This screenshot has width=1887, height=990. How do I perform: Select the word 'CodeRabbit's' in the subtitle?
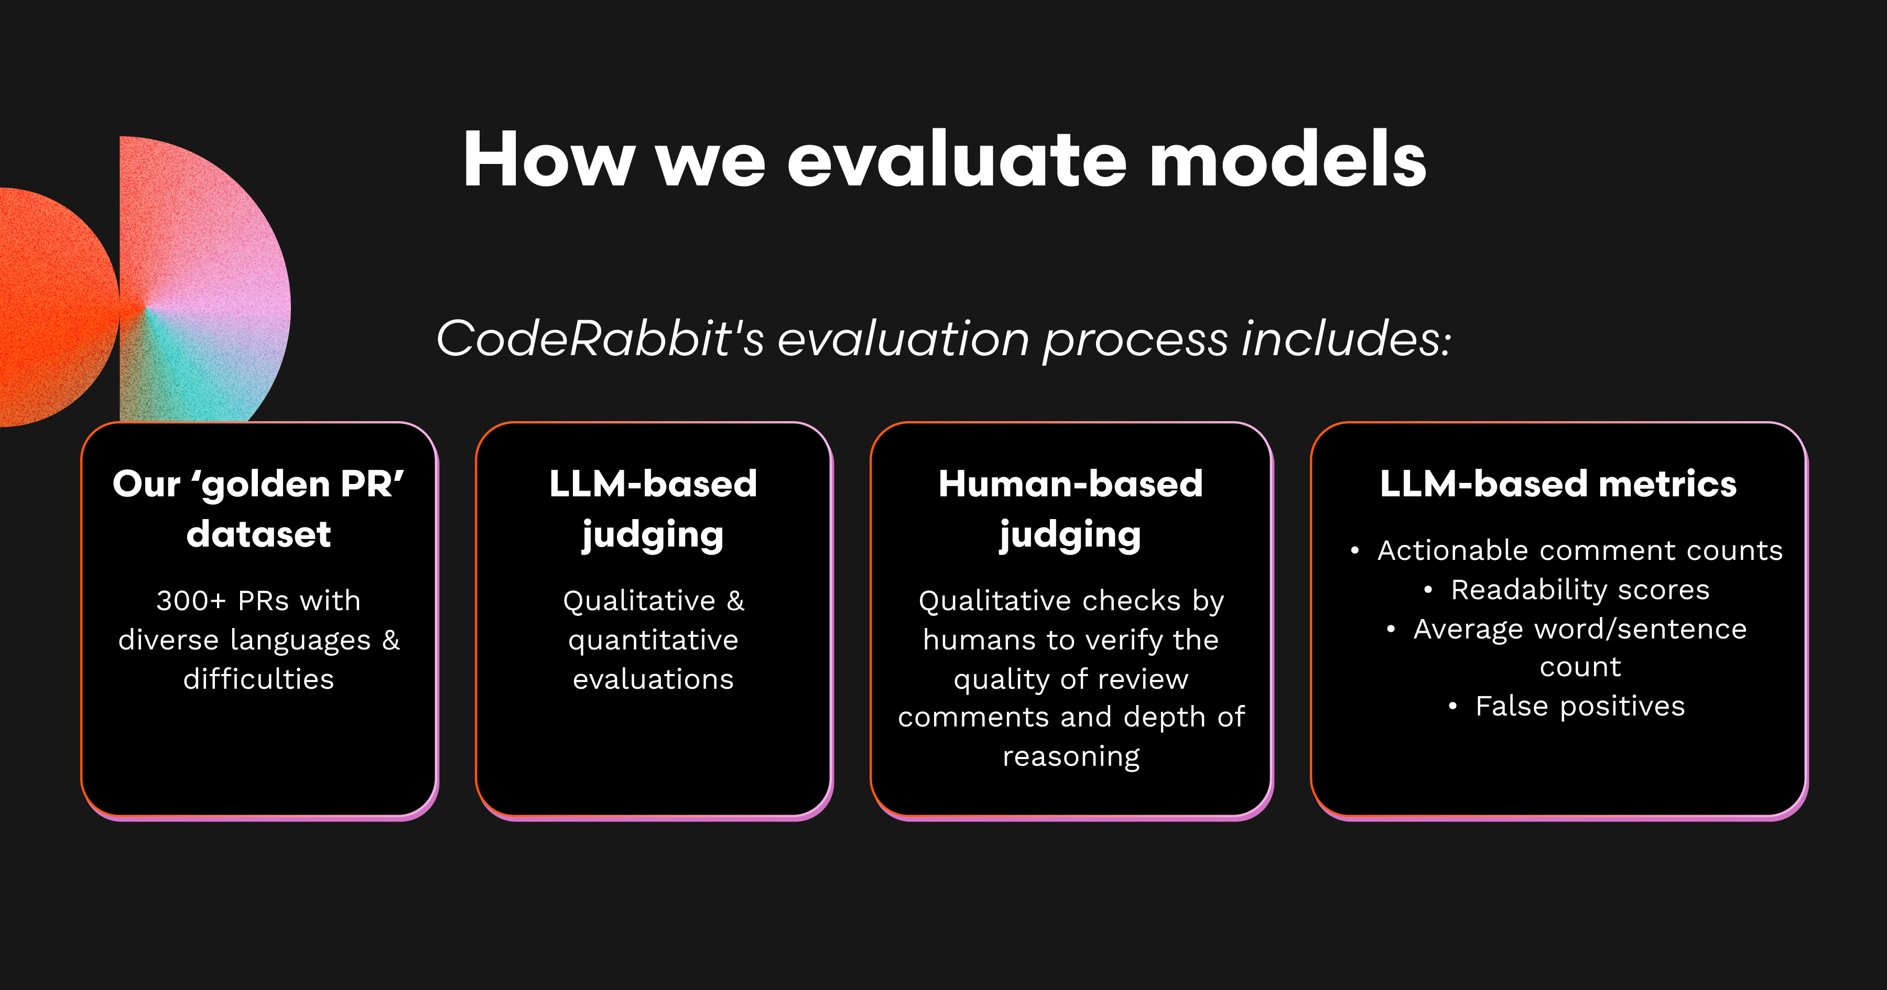click(601, 338)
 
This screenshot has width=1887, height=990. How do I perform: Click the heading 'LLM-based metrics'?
click(1558, 484)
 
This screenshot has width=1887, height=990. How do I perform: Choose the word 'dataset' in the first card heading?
click(258, 534)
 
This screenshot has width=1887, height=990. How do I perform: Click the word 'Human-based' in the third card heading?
click(1071, 484)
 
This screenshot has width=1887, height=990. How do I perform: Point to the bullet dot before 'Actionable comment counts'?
click(1355, 551)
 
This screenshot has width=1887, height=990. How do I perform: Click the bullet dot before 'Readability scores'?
click(1428, 589)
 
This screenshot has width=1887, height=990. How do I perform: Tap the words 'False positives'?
click(1580, 707)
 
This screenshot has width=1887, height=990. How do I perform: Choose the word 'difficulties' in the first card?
click(258, 679)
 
